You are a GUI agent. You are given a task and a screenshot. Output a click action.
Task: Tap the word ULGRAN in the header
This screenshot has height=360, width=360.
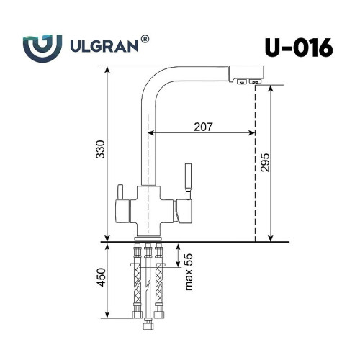pyautogui.click(x=104, y=46)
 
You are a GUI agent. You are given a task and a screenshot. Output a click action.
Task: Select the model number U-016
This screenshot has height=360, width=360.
pyautogui.click(x=299, y=48)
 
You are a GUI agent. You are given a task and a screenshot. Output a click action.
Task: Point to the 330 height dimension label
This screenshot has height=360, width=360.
pyautogui.click(x=100, y=149)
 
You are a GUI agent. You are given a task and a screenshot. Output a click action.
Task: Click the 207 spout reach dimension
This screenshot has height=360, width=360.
pyautogui.click(x=203, y=127)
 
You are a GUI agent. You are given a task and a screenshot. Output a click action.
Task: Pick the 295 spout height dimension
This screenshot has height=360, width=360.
pyautogui.click(x=265, y=163)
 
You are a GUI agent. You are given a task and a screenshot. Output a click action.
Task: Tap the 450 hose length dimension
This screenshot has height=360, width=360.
pyautogui.click(x=102, y=277)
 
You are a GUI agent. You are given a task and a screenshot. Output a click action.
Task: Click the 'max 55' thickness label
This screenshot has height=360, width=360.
pyautogui.click(x=189, y=272)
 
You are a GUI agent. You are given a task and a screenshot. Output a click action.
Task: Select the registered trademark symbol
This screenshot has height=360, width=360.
pyautogui.click(x=145, y=40)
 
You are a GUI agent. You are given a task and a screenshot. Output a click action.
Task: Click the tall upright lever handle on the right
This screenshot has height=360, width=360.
pyautogui.click(x=188, y=181)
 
